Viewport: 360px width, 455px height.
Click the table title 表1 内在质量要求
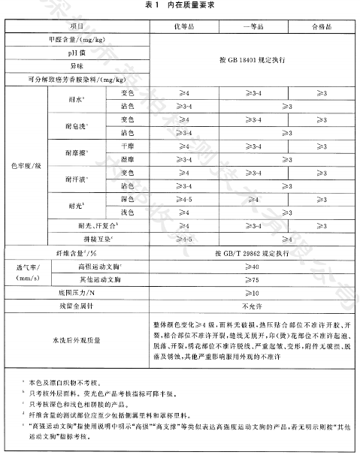pyautogui.click(x=180, y=5)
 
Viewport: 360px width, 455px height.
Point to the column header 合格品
pyautogui.click(x=319, y=27)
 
